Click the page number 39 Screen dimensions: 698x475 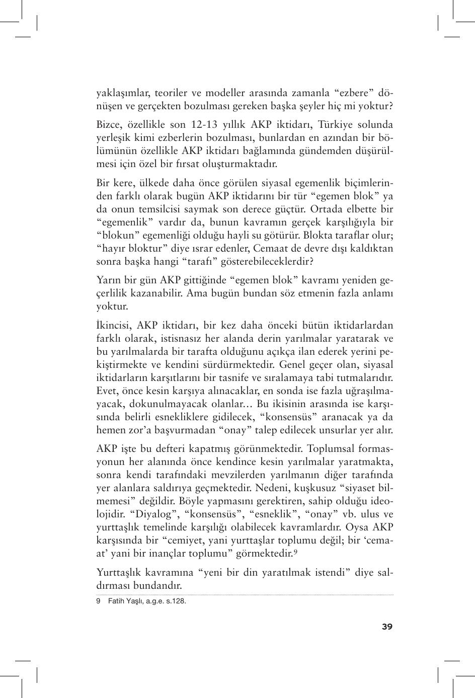pyautogui.click(x=387, y=627)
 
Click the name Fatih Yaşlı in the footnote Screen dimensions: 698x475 pyautogui.click(x=126, y=601)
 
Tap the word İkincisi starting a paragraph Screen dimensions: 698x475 pyautogui.click(x=114, y=325)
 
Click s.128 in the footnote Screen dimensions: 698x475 pyautogui.click(x=176, y=601)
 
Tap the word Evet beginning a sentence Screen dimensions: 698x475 pyautogui.click(x=106, y=391)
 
